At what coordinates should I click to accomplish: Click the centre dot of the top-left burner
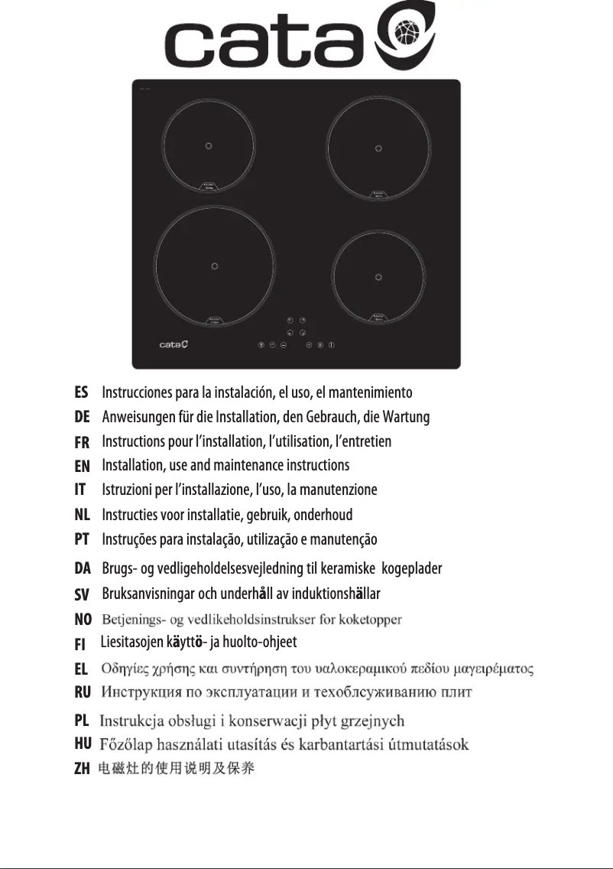pyautogui.click(x=209, y=146)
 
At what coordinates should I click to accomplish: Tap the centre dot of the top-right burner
pyautogui.click(x=377, y=146)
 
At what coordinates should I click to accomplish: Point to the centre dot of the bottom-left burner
pyautogui.click(x=213, y=266)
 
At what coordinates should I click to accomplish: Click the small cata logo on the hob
pyautogui.click(x=174, y=345)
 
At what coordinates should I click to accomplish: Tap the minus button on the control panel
pyautogui.click(x=284, y=345)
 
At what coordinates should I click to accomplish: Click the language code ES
pyautogui.click(x=81, y=393)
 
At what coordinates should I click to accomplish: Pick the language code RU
pyautogui.click(x=82, y=693)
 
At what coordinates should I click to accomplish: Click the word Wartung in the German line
pyautogui.click(x=408, y=418)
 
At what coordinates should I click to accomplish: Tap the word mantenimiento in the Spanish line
pyautogui.click(x=371, y=393)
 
